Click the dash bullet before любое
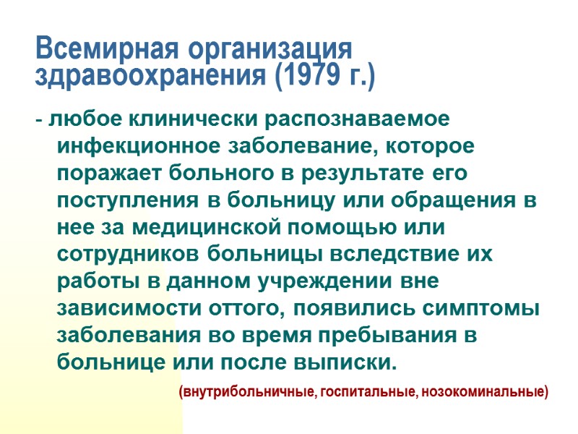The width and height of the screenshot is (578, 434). click(38, 119)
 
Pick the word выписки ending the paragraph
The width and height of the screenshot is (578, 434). click(348, 361)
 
